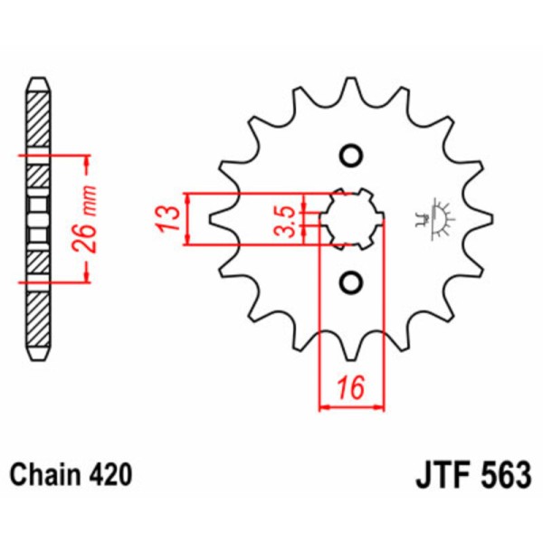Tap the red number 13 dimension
pos(165,218)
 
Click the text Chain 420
pos(71,474)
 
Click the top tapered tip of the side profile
pos(37,84)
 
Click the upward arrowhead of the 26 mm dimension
pos(88,163)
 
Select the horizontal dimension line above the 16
pos(352,406)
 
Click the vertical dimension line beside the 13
pos(187,218)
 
